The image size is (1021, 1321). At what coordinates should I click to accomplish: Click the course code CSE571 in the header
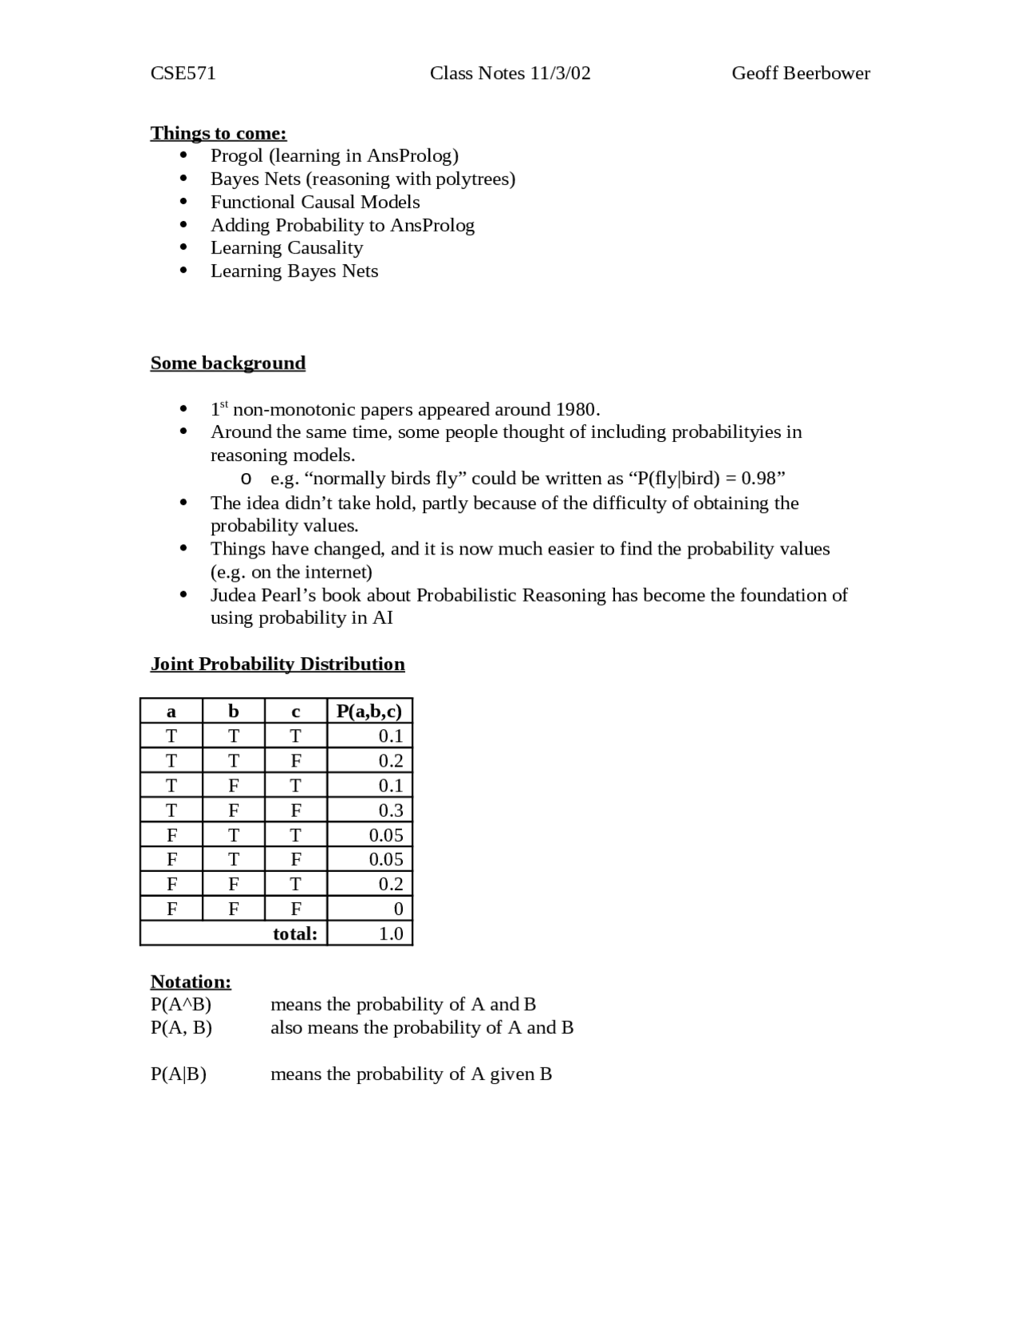pyautogui.click(x=183, y=73)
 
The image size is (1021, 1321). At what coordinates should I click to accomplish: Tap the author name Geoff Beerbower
pyautogui.click(x=800, y=73)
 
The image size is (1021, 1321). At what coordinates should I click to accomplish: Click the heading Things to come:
pyautogui.click(x=218, y=133)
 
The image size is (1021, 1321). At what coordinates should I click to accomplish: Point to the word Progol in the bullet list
pyautogui.click(x=236, y=156)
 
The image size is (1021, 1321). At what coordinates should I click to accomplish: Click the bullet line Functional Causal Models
pyautogui.click(x=314, y=202)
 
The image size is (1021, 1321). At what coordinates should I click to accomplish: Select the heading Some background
pyautogui.click(x=227, y=363)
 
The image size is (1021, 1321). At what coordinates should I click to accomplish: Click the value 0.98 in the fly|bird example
pyautogui.click(x=758, y=479)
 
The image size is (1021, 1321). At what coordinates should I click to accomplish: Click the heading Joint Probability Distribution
pyautogui.click(x=277, y=664)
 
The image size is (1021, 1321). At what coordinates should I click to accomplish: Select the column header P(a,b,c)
pyautogui.click(x=369, y=711)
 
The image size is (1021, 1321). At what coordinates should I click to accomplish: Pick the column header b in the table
pyautogui.click(x=233, y=711)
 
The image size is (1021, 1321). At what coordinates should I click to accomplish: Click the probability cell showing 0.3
pyautogui.click(x=390, y=810)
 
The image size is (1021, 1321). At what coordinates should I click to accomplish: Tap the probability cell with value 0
pyautogui.click(x=398, y=909)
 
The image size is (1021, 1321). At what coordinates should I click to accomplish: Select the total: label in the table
pyautogui.click(x=294, y=934)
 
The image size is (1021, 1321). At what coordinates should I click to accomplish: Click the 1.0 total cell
pyautogui.click(x=390, y=934)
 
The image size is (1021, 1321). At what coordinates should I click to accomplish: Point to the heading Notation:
pyautogui.click(x=191, y=982)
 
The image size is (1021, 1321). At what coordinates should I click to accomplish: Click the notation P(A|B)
pyautogui.click(x=178, y=1075)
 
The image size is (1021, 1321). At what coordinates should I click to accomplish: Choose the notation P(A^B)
pyautogui.click(x=180, y=1004)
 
